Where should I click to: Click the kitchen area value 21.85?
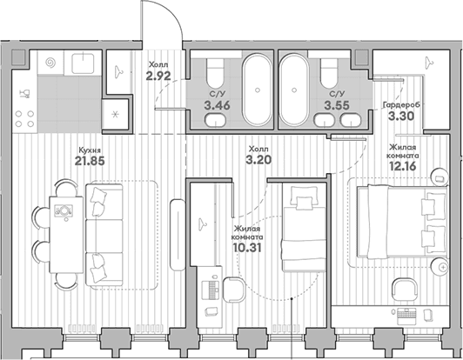click(90, 161)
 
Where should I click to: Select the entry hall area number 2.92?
click(158, 77)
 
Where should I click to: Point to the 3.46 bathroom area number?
click(217, 105)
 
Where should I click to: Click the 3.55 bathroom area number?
click(337, 105)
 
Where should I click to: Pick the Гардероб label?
click(401, 105)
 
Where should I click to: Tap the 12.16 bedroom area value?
click(403, 166)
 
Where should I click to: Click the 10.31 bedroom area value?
click(247, 248)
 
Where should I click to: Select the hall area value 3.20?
click(258, 160)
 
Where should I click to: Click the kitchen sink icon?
click(83, 63)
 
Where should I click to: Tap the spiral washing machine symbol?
click(50, 63)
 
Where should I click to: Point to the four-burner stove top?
click(24, 118)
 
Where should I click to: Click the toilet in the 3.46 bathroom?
click(215, 73)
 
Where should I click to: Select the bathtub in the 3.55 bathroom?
click(294, 89)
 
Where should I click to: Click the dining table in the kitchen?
click(66, 235)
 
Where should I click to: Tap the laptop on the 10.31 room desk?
click(211, 289)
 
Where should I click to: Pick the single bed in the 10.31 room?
click(304, 227)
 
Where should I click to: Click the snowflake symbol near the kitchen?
click(116, 114)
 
